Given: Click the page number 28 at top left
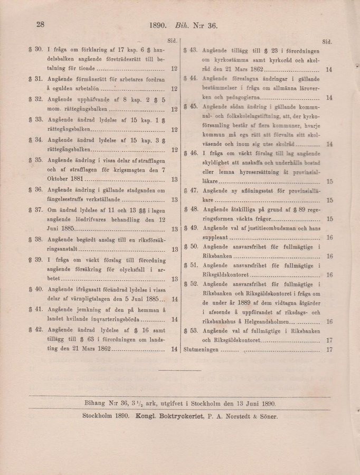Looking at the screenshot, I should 40,24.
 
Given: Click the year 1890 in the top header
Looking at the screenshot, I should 158,24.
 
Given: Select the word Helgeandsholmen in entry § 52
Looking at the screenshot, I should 270,321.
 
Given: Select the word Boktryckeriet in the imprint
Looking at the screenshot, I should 177,416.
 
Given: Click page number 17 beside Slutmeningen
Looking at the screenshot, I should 329,349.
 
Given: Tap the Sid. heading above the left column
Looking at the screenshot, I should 172,40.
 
